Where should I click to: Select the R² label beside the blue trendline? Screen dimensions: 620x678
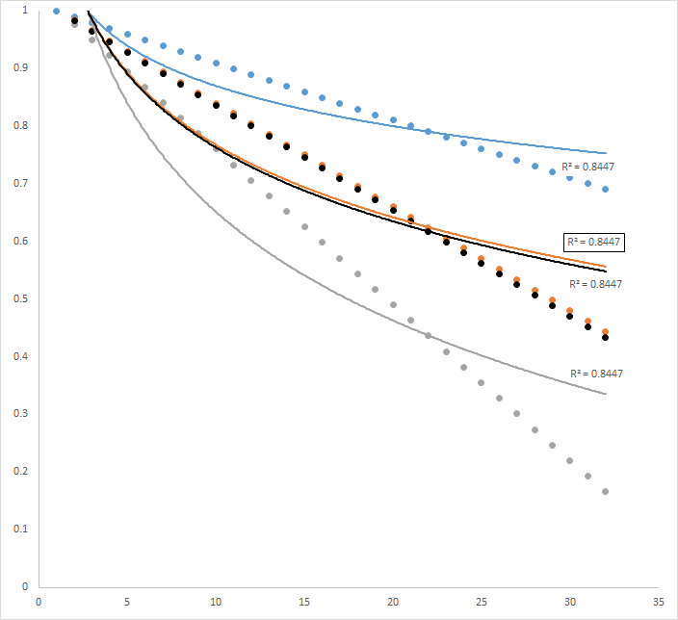click(588, 167)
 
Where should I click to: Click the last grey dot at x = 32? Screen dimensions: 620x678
click(606, 492)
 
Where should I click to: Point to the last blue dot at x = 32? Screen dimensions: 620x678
click(606, 189)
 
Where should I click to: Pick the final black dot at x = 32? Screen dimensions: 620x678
click(606, 338)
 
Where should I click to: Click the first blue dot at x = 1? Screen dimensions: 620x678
click(56, 12)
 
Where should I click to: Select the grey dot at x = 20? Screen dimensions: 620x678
click(393, 305)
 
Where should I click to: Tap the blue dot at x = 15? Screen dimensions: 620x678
click(304, 92)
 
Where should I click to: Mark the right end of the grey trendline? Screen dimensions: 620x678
click(606, 394)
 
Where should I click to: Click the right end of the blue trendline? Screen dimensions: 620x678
click(606, 153)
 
